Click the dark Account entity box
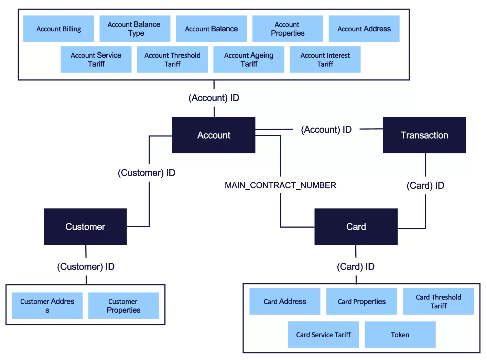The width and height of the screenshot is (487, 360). coord(214,135)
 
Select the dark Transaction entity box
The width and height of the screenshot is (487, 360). coord(424,135)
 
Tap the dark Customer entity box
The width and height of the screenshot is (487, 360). coord(85,227)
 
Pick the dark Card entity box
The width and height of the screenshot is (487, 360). coord(356,227)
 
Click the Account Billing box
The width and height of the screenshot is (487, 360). coord(58,29)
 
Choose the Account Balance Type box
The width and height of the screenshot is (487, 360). coord(134,29)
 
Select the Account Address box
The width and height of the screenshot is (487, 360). coord(364,29)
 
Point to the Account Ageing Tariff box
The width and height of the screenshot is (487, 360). coord(249,59)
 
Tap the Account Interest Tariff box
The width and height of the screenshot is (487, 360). coord(325,59)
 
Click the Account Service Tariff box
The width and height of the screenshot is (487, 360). coord(96,59)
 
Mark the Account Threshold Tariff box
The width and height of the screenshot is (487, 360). coord(172,59)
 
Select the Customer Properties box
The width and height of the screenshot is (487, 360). coord(123,306)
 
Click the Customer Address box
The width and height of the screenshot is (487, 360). coord(47,306)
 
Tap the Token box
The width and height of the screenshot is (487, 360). coord(400,335)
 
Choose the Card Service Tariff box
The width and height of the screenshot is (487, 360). coord(323,335)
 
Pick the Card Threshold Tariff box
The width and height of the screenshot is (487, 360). coord(438,302)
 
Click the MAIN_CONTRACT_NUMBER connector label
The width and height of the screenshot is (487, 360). coord(280,185)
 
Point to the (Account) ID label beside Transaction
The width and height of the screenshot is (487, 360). coord(326,130)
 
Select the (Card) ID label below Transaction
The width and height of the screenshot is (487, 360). coord(425,186)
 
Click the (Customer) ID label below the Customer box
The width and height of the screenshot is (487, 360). coord(86,267)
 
